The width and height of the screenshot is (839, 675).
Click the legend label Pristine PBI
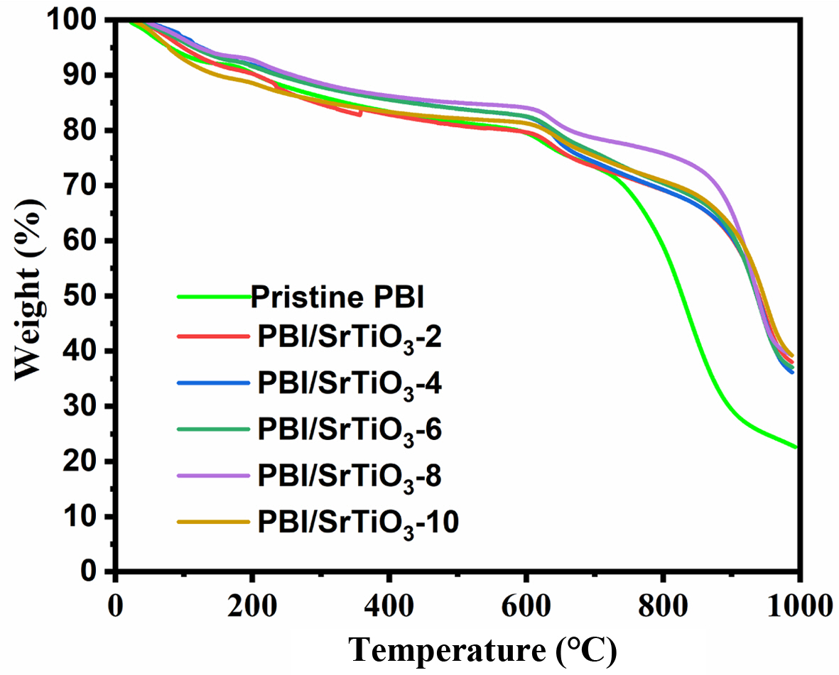(x=337, y=297)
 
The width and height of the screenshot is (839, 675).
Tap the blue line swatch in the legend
(x=213, y=383)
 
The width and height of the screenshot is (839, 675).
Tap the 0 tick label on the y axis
(x=99, y=572)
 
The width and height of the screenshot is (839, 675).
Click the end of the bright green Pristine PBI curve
(x=796, y=447)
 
